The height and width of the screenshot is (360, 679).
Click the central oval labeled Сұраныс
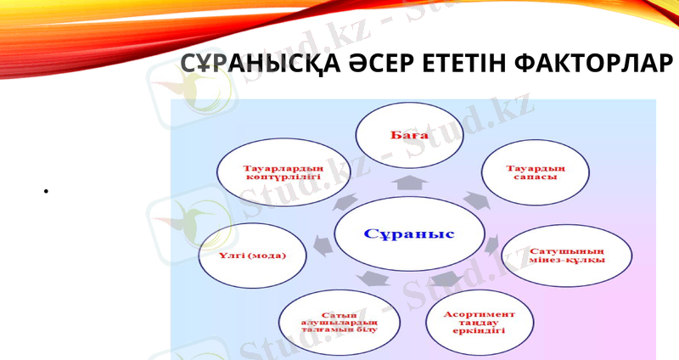point(410,234)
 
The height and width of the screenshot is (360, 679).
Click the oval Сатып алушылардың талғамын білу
point(337,323)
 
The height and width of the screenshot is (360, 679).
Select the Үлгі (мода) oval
point(254,256)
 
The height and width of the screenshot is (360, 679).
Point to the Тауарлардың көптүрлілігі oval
point(279,173)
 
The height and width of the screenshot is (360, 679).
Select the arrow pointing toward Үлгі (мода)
point(322,244)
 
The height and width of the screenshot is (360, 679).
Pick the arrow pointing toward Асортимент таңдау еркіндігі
point(444,279)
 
